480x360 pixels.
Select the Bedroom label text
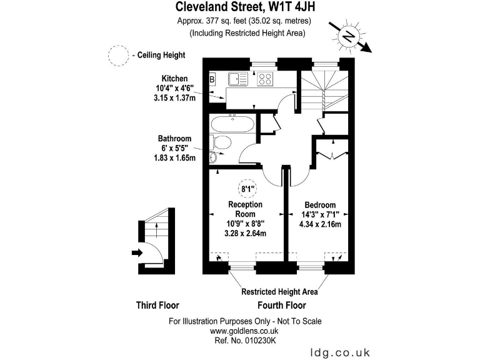pyautogui.click(x=321, y=205)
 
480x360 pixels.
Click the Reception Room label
pyautogui.click(x=245, y=209)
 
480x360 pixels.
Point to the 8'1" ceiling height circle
pyautogui.click(x=248, y=187)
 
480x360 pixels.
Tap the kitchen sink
pyautogui.click(x=237, y=79)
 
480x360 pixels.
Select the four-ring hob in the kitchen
pyautogui.click(x=265, y=79)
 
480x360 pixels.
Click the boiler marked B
pyautogui.click(x=212, y=79)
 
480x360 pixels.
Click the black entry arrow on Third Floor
pyautogui.click(x=137, y=252)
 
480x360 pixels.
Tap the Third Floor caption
pyautogui.click(x=157, y=306)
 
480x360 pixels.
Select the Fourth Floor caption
pyautogui.click(x=282, y=306)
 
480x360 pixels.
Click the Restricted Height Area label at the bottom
pyautogui.click(x=279, y=292)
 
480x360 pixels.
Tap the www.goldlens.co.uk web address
pyautogui.click(x=244, y=331)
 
